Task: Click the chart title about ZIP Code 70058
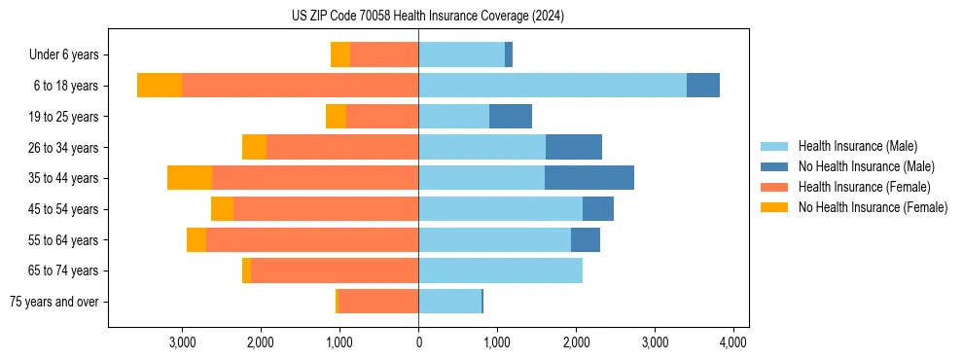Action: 427,16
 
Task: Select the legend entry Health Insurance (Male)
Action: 857,146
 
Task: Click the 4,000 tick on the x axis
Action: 732,342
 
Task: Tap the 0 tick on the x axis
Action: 418,342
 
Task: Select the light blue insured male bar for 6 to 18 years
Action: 553,86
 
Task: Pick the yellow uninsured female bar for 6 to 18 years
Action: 160,86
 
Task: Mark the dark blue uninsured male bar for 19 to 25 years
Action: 511,117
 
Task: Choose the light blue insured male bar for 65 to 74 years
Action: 500,270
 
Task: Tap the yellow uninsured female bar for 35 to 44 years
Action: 190,178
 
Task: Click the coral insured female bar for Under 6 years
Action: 384,55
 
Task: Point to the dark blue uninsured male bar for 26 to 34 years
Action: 574,147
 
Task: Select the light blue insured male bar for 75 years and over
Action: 449,302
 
